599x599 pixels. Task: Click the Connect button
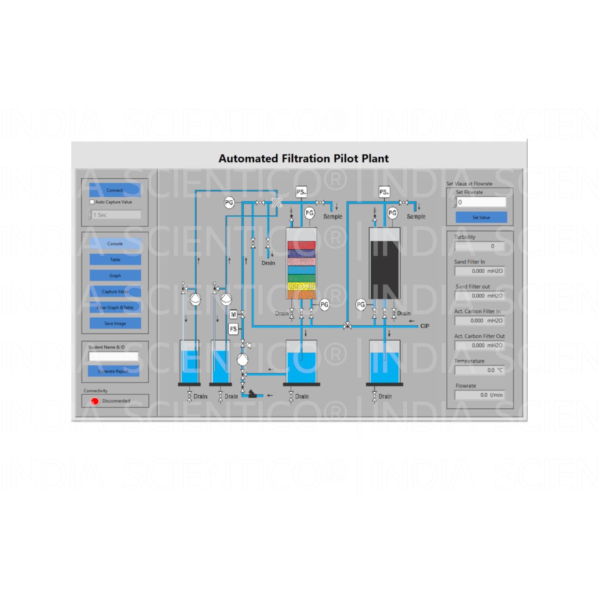coord(115,190)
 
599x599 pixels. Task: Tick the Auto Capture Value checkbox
coord(92,202)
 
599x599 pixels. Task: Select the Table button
coord(115,259)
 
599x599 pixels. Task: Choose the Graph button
coord(115,275)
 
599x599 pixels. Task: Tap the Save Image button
coord(115,323)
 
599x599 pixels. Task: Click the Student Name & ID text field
coord(113,357)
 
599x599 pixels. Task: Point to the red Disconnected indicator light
coord(95,401)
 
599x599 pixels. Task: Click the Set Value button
coord(481,217)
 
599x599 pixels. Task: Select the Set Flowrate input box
coord(481,202)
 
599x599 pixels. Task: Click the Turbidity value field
coord(479,246)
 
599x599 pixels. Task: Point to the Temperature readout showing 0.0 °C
coord(479,370)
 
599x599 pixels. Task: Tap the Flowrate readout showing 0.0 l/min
coord(479,395)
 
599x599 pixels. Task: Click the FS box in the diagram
coord(233,329)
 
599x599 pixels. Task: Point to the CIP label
coord(424,326)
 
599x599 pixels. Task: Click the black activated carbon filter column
coord(384,269)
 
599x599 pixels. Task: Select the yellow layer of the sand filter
coord(301,286)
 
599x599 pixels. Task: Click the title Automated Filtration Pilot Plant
coord(303,158)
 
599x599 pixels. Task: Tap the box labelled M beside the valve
coord(233,314)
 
